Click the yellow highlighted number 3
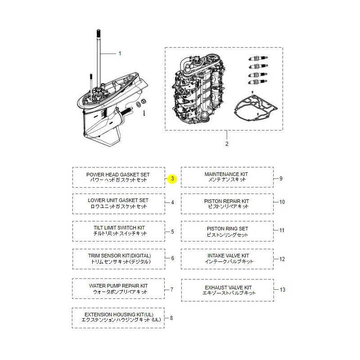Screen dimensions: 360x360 [173, 179]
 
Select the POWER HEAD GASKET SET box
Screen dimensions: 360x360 [118, 177]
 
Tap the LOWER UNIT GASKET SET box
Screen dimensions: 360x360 [118, 203]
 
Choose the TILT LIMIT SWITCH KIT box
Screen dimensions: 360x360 [118, 231]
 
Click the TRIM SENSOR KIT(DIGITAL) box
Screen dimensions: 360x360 [118, 259]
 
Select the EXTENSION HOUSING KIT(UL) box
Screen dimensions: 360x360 [118, 317]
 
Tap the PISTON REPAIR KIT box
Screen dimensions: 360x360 [227, 203]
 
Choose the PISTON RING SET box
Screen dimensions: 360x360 [227, 231]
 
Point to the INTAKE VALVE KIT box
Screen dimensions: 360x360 [227, 259]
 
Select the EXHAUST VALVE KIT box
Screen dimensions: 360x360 [227, 290]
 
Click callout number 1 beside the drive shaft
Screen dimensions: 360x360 [120, 54]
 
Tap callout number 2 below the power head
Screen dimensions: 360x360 [226, 144]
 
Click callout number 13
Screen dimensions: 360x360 [282, 290]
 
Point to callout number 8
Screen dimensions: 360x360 [171, 318]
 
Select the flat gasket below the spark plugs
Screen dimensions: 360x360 [254, 108]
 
